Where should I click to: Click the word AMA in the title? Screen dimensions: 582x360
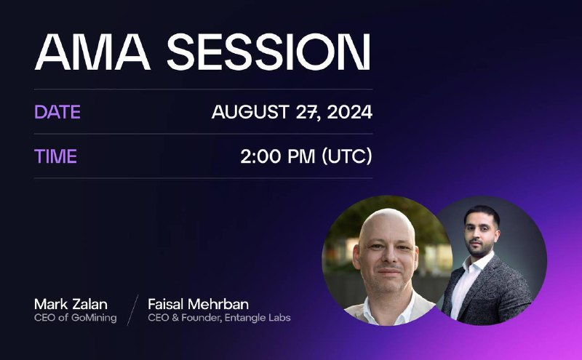click(92, 52)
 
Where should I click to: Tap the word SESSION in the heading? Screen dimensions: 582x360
click(268, 52)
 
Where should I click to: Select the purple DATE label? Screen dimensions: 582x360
click(57, 112)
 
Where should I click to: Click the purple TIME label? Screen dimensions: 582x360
click(56, 156)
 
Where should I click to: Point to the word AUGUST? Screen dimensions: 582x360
click(250, 112)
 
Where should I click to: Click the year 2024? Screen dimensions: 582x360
click(350, 112)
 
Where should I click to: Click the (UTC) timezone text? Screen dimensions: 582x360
click(347, 156)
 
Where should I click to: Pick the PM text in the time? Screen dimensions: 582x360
click(301, 156)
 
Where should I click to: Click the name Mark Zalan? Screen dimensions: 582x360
click(71, 304)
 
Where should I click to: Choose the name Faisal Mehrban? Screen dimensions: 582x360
click(198, 304)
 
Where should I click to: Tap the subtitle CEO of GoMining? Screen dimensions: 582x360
click(76, 318)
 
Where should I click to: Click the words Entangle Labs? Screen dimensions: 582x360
click(258, 318)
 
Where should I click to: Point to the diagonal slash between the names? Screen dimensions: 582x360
click(132, 311)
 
